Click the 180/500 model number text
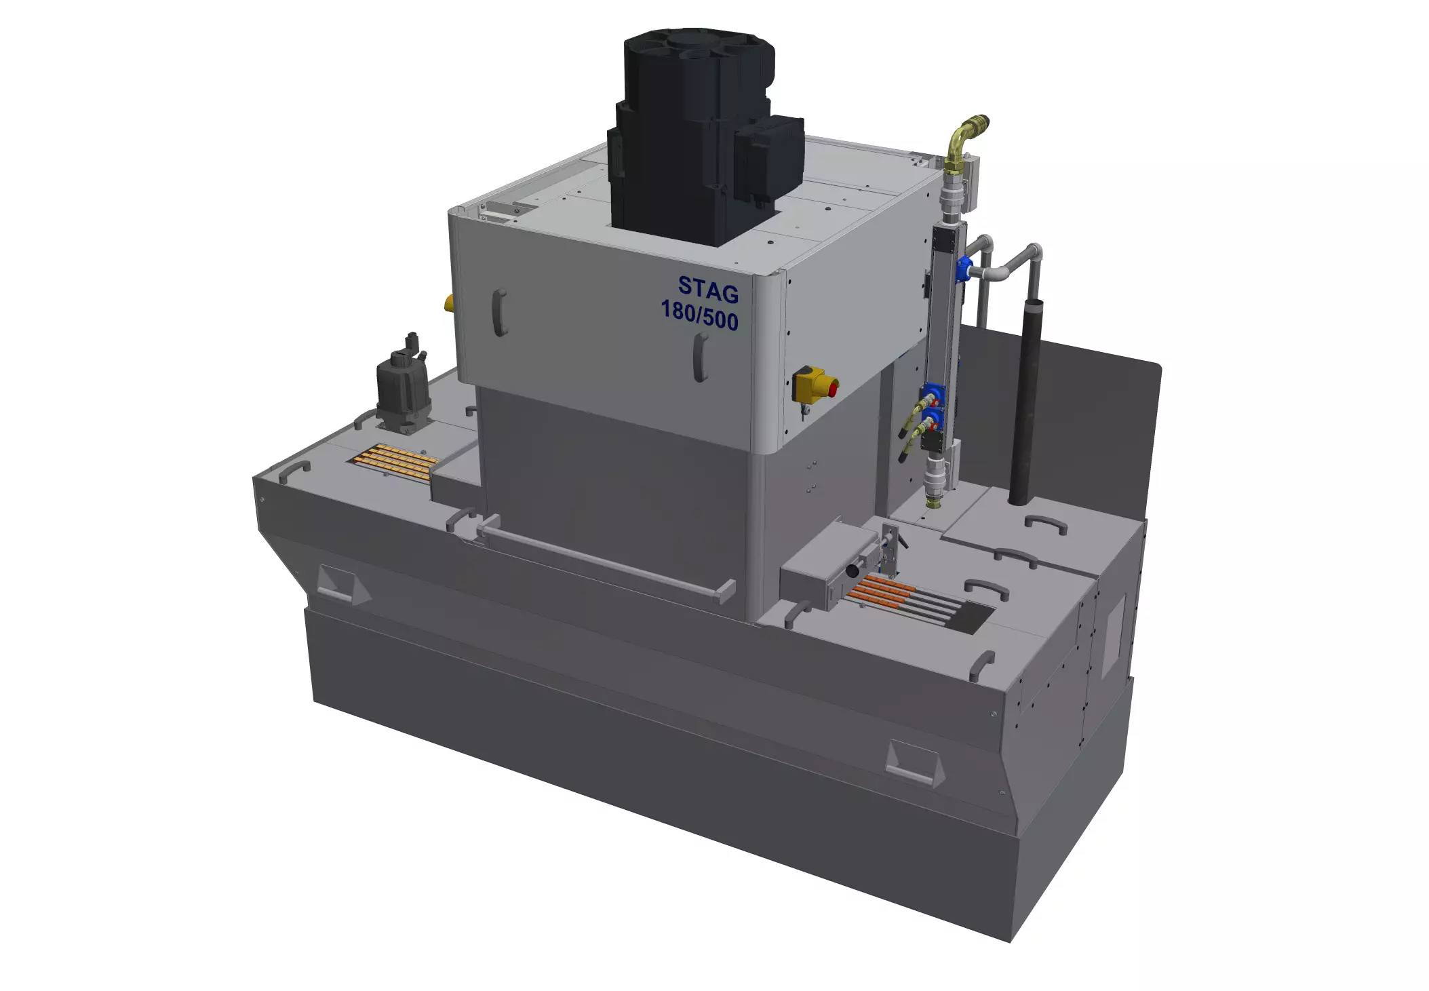tap(699, 315)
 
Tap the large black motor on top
tap(699, 136)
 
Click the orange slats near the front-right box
tap(881, 591)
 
